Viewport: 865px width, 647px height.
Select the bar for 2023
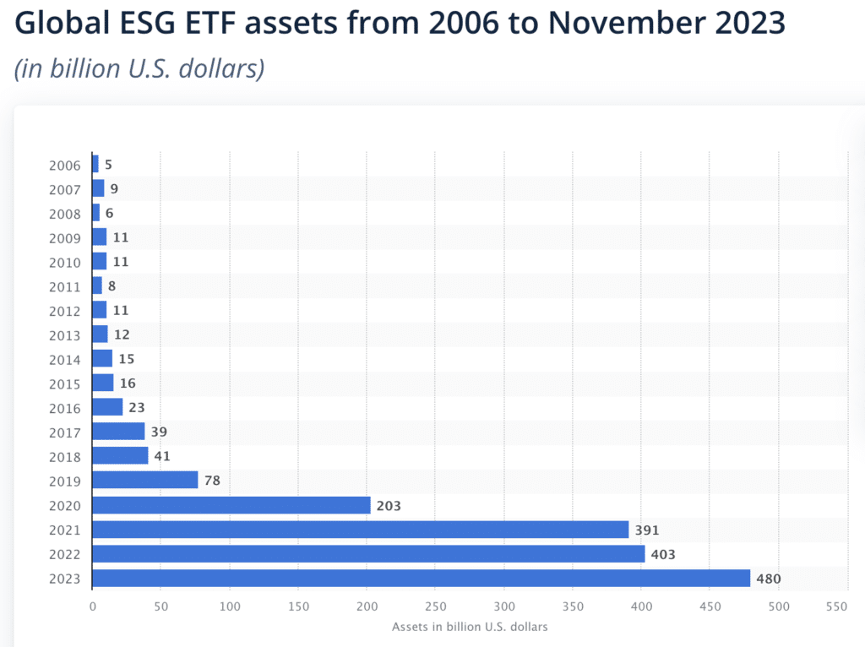pyautogui.click(x=421, y=579)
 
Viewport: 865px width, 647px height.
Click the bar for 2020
pyautogui.click(x=231, y=505)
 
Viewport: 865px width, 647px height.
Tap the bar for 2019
pyautogui.click(x=144, y=480)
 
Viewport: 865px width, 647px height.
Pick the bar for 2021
pyautogui.click(x=360, y=530)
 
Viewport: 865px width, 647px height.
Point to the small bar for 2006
pyautogui.click(x=95, y=164)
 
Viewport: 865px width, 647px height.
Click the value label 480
pyautogui.click(x=769, y=579)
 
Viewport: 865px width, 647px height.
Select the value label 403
pyautogui.click(x=664, y=554)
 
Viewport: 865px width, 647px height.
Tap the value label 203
pyautogui.click(x=389, y=506)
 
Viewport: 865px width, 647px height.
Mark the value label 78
pyautogui.click(x=211, y=481)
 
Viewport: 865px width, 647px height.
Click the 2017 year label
pyautogui.click(x=65, y=432)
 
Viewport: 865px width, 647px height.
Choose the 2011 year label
pyautogui.click(x=65, y=286)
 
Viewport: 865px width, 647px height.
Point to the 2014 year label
pyautogui.click(x=65, y=360)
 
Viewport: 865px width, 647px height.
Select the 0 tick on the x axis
pyautogui.click(x=92, y=606)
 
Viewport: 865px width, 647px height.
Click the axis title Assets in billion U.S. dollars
pyautogui.click(x=470, y=627)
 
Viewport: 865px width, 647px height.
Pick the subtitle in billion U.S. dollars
pyautogui.click(x=139, y=68)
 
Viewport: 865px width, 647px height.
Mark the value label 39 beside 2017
pyautogui.click(x=158, y=432)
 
